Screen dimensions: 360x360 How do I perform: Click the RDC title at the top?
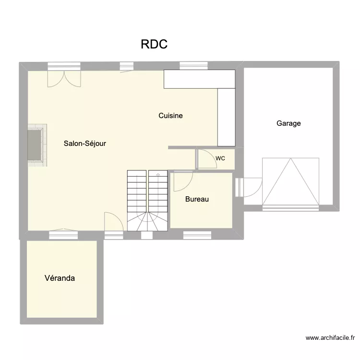pos(154,44)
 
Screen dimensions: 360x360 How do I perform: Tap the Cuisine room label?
pos(171,116)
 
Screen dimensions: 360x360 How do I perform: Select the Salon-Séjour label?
pos(85,143)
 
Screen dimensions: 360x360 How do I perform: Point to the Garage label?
pos(288,123)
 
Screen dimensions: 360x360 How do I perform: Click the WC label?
pos(220,158)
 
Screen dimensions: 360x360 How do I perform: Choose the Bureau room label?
pos(197,199)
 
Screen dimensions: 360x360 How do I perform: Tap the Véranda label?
pos(60,278)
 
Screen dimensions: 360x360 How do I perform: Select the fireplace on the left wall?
pos(36,145)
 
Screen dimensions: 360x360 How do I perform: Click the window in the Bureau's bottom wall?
pos(197,235)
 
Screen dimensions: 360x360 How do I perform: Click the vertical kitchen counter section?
pos(226,117)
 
